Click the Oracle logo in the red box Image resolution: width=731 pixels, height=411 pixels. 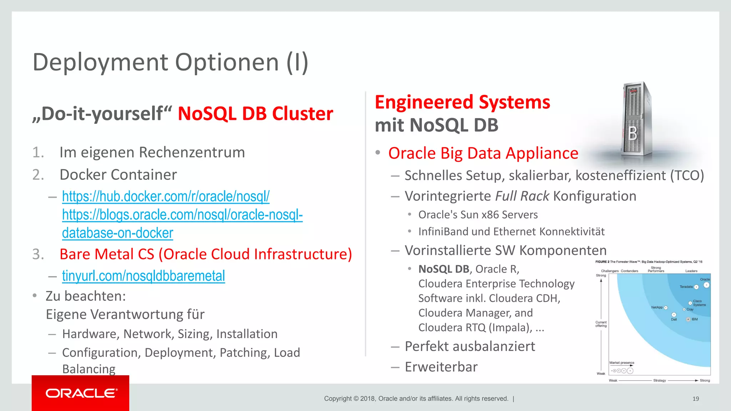tap(81, 393)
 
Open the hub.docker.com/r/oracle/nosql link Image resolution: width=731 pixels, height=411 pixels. tap(166, 196)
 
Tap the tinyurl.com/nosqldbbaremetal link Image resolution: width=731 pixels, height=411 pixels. tap(143, 276)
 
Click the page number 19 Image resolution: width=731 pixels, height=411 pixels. tap(696, 399)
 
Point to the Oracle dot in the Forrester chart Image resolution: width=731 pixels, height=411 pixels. tap(706, 285)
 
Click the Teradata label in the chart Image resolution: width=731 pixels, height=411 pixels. tap(686, 287)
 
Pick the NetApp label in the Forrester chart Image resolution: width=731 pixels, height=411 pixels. tap(656, 307)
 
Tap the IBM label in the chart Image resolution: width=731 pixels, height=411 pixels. tap(695, 319)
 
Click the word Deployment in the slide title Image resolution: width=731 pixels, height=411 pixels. tap(101, 62)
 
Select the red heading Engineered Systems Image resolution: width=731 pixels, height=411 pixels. tap(462, 102)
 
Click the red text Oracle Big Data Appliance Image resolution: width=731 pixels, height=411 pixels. tap(483, 153)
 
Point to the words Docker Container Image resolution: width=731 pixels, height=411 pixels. tap(118, 175)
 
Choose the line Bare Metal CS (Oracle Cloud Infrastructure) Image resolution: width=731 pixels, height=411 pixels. tap(206, 254)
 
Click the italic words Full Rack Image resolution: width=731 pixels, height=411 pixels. tap(522, 196)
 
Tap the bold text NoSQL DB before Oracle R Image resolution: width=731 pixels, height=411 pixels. tap(444, 269)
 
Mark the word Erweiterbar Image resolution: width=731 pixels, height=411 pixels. tap(441, 367)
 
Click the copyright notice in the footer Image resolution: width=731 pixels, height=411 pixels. tap(416, 399)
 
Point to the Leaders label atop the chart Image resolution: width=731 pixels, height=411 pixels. tap(691, 271)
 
